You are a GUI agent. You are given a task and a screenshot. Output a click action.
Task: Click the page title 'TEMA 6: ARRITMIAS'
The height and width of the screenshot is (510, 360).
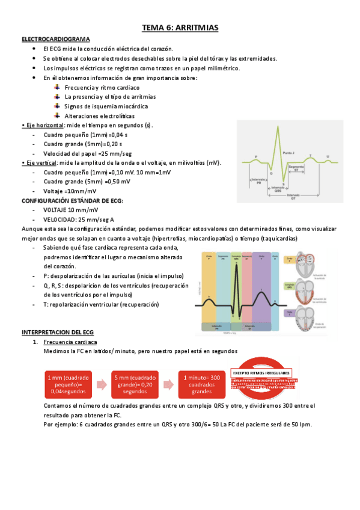point(180,28)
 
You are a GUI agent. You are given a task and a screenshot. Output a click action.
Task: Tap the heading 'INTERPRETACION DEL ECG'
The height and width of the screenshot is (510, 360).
point(58,331)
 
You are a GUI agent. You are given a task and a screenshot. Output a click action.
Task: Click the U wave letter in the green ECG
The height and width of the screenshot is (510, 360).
point(328,156)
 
